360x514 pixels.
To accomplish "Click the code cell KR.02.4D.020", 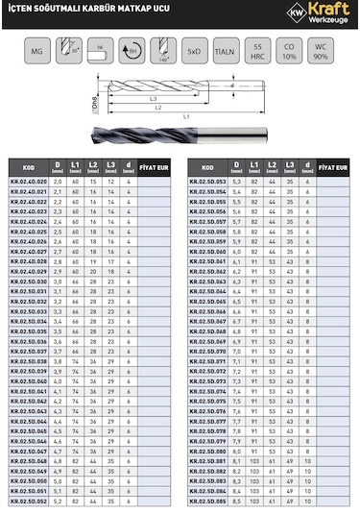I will click(28, 181).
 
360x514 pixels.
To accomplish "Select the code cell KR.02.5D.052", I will click(28, 502).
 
